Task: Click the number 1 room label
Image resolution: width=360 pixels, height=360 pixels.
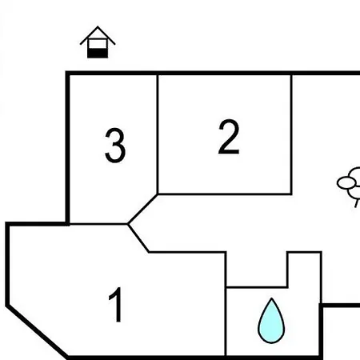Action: pyautogui.click(x=116, y=305)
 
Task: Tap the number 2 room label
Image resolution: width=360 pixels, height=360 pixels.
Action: pyautogui.click(x=229, y=137)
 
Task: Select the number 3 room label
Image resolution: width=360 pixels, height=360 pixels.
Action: pyautogui.click(x=115, y=146)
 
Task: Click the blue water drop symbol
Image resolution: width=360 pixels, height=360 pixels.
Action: pyautogui.click(x=271, y=322)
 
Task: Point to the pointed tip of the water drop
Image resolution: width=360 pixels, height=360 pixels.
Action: pyautogui.click(x=271, y=298)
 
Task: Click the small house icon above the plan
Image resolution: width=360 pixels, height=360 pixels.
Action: pyautogui.click(x=98, y=42)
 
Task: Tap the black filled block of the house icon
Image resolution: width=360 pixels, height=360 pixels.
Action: pyautogui.click(x=98, y=53)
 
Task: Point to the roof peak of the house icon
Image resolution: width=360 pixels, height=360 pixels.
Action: pyautogui.click(x=98, y=26)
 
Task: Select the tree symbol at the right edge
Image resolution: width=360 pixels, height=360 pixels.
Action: pyautogui.click(x=349, y=186)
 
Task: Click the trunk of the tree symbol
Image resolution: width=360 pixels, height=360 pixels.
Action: pyautogui.click(x=357, y=203)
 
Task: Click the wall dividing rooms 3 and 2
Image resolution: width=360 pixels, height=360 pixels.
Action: pyautogui.click(x=158, y=134)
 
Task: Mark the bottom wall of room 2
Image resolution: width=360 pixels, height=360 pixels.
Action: pyautogui.click(x=225, y=194)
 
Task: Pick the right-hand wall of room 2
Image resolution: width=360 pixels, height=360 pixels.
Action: pyautogui.click(x=291, y=134)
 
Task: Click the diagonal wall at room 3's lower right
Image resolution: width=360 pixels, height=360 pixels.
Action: pyautogui.click(x=142, y=209)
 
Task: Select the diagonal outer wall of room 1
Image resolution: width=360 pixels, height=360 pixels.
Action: pyautogui.click(x=37, y=331)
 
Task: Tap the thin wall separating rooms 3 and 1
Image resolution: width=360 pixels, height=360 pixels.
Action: pyautogui.click(x=98, y=224)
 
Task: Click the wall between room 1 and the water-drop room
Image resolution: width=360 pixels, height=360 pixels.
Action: pyautogui.click(x=226, y=304)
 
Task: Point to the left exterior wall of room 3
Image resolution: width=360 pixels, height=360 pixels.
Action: pyautogui.click(x=68, y=148)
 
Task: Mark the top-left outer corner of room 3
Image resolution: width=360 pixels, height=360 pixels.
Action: pyautogui.click(x=66, y=71)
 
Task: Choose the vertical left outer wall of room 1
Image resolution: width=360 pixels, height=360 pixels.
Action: pyautogui.click(x=7, y=264)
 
